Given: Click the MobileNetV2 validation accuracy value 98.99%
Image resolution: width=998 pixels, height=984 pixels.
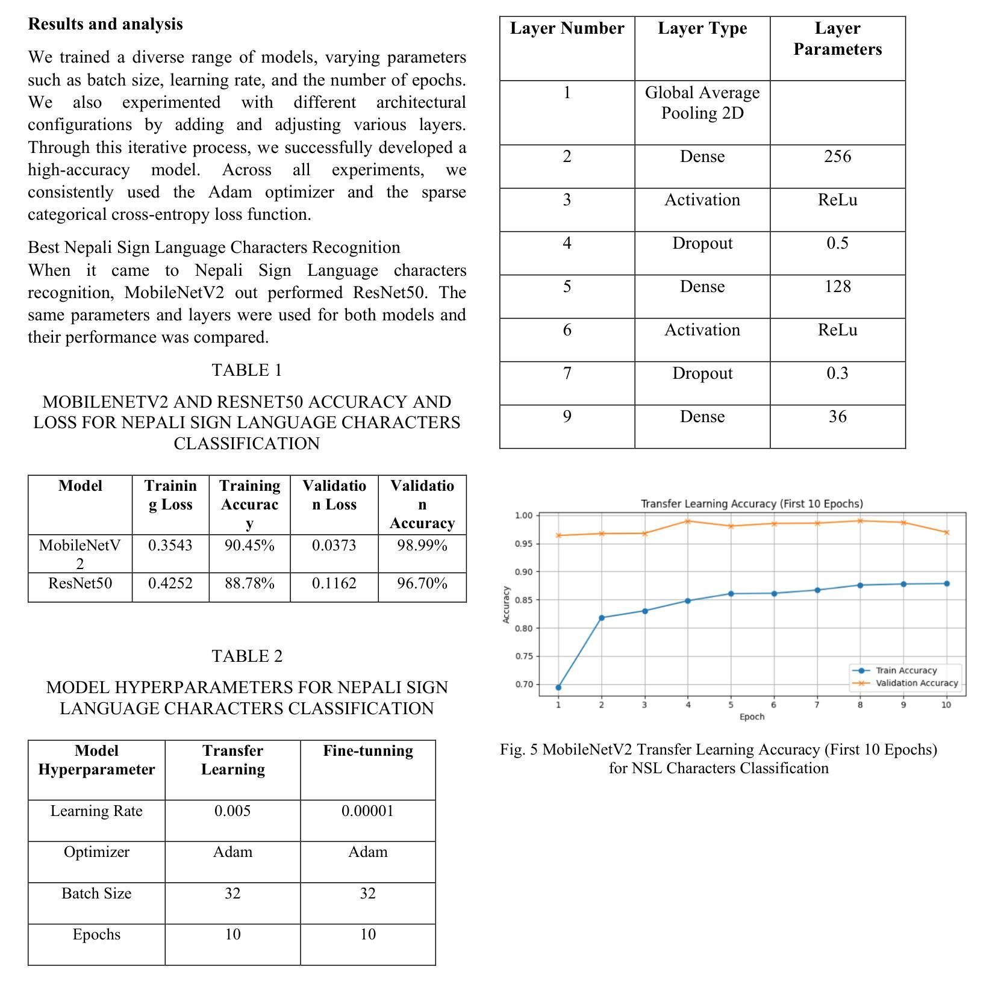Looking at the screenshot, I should (x=422, y=546).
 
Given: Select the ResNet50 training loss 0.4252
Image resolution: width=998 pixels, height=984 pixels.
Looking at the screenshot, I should (x=170, y=584).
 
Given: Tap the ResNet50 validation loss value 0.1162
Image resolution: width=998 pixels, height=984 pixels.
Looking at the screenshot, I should (x=334, y=584).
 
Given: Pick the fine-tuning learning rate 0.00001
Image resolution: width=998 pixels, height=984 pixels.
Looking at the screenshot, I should (x=367, y=811).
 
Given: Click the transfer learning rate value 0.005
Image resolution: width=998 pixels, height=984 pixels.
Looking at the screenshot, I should (x=232, y=811).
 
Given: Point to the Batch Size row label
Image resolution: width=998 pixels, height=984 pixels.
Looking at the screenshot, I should (x=96, y=894).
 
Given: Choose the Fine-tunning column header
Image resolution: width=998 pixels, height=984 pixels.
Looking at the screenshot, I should (x=368, y=751).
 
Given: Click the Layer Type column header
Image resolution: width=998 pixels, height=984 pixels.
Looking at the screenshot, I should (x=702, y=28).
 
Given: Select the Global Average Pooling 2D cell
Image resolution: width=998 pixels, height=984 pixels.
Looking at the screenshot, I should (x=702, y=103).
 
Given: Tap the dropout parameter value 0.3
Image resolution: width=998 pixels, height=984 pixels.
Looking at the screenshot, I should (x=837, y=373).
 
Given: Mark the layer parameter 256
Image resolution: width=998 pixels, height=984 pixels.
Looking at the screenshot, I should (x=837, y=157).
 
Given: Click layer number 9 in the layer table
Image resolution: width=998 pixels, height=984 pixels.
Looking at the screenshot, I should (x=567, y=417).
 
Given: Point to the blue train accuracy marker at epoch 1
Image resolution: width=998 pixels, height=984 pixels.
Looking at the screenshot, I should (x=558, y=687).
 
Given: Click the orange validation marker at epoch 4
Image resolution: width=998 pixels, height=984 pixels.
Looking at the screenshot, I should (x=688, y=522).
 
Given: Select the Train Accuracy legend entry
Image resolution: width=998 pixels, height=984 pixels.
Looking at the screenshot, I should (x=906, y=670).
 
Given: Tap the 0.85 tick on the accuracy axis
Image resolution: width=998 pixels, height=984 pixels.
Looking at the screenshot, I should (x=523, y=600).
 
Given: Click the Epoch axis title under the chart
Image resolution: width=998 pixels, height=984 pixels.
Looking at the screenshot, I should (x=752, y=717).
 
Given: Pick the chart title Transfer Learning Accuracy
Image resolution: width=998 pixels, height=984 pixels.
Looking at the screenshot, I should (x=752, y=503).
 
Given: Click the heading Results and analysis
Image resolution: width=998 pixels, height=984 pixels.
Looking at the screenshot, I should (x=105, y=24).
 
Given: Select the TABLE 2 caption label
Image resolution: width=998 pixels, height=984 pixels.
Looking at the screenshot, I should (x=247, y=656).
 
